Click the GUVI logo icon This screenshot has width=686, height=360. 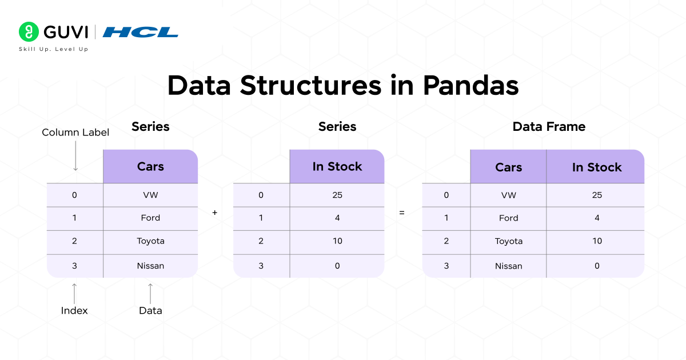(x=28, y=31)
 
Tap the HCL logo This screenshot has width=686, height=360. (x=140, y=32)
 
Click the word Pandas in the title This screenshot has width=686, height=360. (x=470, y=86)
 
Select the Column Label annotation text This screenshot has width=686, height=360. (x=75, y=133)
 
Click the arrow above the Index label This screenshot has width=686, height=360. (x=74, y=293)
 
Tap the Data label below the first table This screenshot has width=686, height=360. (x=150, y=311)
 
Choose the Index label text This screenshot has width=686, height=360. (x=74, y=311)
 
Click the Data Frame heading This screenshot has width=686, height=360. (x=549, y=127)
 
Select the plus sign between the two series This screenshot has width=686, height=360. (x=215, y=213)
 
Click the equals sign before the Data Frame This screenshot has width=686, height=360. (x=402, y=213)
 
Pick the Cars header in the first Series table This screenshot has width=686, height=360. (x=150, y=167)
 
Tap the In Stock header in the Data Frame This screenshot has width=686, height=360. (x=596, y=167)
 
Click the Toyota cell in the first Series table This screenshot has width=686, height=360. (x=150, y=241)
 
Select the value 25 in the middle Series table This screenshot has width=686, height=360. (x=337, y=195)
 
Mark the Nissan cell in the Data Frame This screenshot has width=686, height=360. (x=508, y=266)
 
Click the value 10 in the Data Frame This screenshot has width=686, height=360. (x=597, y=241)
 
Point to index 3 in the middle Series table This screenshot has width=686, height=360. (x=261, y=266)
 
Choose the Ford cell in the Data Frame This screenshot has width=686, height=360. (x=508, y=218)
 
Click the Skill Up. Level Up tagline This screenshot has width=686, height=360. (x=54, y=49)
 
